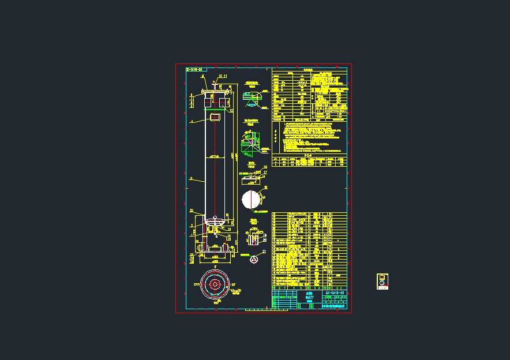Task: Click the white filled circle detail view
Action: pos(251,200)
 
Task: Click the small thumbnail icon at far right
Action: pos(382,282)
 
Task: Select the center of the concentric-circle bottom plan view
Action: pos(215,284)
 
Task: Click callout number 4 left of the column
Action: pos(192,122)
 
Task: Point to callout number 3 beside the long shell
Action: pos(191,179)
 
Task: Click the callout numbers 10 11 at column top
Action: pos(222,76)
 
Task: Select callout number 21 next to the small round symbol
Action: pos(264,252)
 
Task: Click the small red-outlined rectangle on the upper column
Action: pos(215,117)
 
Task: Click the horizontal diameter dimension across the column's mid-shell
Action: pos(215,156)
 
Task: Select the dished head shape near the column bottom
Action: pos(215,220)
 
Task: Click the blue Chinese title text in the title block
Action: pos(310,295)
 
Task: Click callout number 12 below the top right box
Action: pos(231,110)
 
